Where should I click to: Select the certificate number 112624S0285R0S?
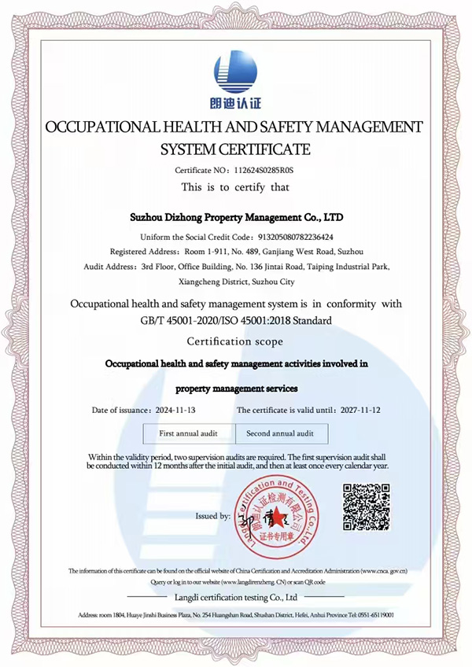[259, 170]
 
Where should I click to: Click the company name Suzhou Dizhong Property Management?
[236, 216]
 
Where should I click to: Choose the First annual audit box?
[188, 433]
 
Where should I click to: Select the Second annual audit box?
[280, 433]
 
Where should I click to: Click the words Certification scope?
[235, 341]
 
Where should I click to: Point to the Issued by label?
[213, 516]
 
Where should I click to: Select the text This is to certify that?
[235, 187]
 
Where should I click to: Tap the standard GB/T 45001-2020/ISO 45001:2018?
[235, 321]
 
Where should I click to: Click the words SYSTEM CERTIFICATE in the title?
[235, 149]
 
